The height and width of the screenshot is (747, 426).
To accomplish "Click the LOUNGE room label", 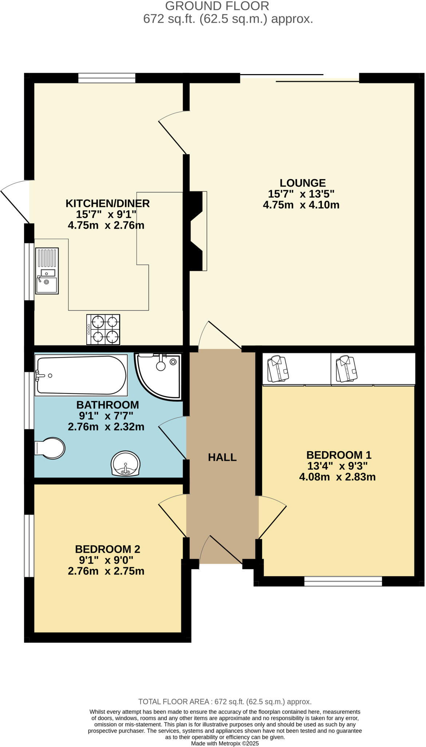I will point(302,183).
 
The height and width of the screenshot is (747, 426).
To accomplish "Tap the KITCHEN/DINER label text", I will point(107,203).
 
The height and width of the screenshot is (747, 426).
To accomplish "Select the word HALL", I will point(222,457).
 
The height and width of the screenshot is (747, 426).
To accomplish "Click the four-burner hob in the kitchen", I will point(103,329).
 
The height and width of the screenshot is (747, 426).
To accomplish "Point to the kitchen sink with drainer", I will point(47,271).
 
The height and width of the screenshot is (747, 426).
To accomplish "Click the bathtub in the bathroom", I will point(81,375).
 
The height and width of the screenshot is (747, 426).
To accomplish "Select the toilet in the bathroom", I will point(50,448).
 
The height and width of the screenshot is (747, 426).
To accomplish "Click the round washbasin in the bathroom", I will point(125,463).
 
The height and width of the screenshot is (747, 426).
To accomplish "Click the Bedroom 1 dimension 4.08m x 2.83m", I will point(337,477).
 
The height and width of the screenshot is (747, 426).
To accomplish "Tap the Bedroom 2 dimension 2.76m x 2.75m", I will point(106,571).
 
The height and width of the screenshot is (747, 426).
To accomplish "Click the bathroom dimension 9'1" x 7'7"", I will point(106,415).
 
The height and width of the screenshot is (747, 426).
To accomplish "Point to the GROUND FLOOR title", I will point(217,6).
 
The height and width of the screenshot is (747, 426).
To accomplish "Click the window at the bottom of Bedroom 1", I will point(343,581).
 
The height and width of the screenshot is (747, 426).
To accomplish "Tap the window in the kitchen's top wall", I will point(107,78).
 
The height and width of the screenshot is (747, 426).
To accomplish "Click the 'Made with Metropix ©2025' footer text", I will point(225,743).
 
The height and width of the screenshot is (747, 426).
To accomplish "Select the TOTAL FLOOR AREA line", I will point(225,701).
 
